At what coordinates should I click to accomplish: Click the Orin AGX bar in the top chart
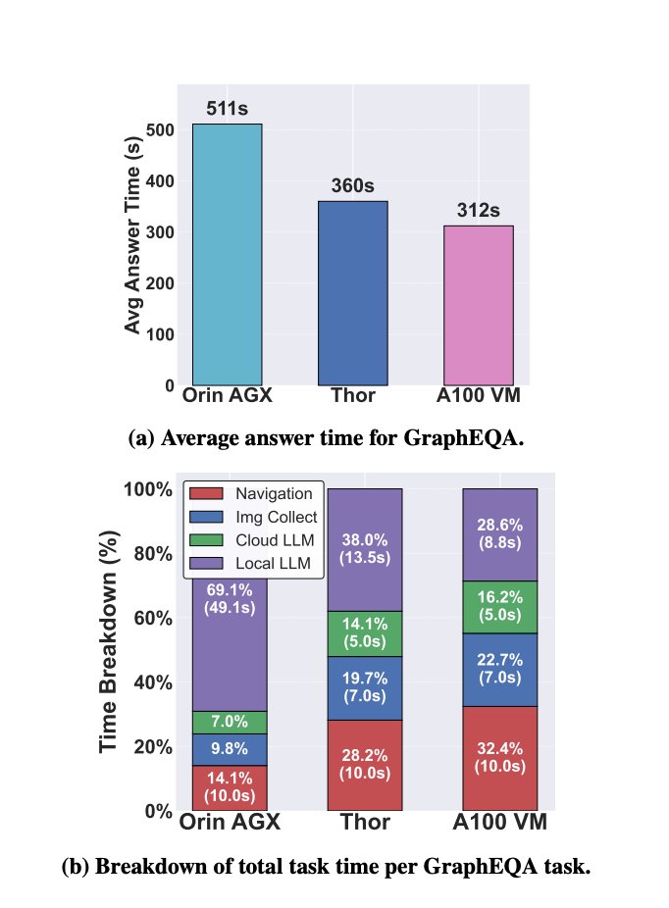[x=227, y=254]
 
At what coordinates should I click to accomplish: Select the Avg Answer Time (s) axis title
[x=134, y=236]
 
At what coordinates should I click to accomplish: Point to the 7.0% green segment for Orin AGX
[x=229, y=722]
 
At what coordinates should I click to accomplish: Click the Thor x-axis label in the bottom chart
[x=364, y=822]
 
